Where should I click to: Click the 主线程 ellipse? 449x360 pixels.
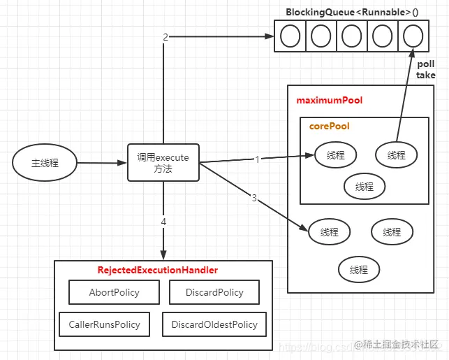click(x=45, y=163)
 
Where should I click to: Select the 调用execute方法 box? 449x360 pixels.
click(x=163, y=162)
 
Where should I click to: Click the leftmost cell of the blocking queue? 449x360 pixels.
click(x=290, y=36)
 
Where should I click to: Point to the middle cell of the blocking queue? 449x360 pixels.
click(x=351, y=36)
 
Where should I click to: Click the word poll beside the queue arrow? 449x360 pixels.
click(x=426, y=64)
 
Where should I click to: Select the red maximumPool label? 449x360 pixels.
click(x=330, y=101)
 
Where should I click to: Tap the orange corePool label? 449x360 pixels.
click(x=330, y=127)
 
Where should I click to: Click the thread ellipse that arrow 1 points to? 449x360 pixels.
click(x=335, y=155)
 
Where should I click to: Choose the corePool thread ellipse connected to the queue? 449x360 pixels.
click(x=396, y=155)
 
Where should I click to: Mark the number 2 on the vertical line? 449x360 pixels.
click(x=165, y=37)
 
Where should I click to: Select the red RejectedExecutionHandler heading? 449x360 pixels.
click(x=157, y=270)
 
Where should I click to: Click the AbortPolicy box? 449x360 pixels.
click(x=114, y=292)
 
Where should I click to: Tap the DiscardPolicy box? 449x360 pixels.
click(x=214, y=292)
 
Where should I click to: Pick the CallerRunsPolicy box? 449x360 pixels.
click(x=104, y=324)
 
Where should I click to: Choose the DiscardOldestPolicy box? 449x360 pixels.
click(x=214, y=324)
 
